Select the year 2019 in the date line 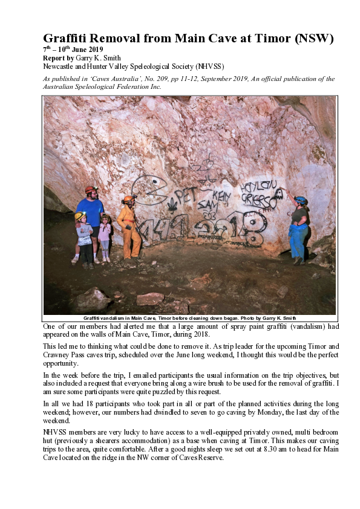(x=94, y=50)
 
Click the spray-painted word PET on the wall (x=188, y=195)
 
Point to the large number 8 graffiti (x=252, y=229)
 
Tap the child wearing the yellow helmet (x=84, y=238)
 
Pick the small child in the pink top (x=105, y=236)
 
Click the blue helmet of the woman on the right (x=301, y=200)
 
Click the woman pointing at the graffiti (x=299, y=230)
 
